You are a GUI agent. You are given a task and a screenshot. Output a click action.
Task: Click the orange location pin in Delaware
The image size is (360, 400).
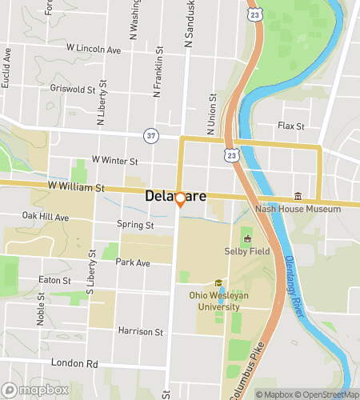(180, 199)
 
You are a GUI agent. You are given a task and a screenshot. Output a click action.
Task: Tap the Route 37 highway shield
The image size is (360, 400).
(151, 135)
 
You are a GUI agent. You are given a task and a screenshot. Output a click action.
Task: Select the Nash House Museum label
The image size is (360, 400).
(298, 209)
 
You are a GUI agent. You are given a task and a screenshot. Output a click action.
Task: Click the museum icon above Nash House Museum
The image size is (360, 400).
(298, 196)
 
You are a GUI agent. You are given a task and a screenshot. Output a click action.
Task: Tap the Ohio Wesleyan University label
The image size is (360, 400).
(214, 300)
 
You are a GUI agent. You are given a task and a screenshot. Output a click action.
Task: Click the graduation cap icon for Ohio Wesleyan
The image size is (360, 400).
(218, 283)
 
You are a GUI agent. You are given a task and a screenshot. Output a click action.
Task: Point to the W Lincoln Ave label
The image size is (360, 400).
(94, 50)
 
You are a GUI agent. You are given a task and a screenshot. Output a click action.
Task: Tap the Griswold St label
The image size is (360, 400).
(72, 88)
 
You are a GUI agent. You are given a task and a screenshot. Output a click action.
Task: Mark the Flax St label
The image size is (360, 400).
(290, 126)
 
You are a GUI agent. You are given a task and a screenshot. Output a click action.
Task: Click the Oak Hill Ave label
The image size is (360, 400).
(46, 216)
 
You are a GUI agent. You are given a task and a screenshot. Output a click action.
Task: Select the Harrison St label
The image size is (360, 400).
(140, 330)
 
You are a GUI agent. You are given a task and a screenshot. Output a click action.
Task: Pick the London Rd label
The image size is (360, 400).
(74, 362)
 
